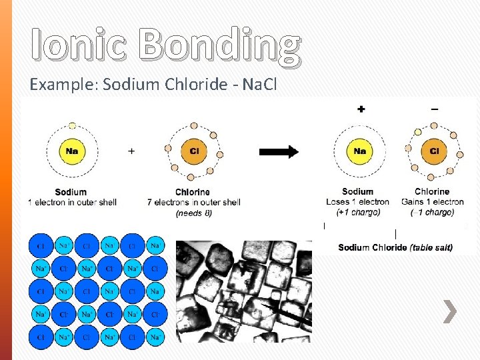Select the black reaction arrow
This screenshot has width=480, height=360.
[278, 151]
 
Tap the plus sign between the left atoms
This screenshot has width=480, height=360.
[131, 151]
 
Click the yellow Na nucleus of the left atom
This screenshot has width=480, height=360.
[71, 151]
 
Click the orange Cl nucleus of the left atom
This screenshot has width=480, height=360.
[194, 151]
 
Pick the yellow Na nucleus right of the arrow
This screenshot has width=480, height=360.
[359, 151]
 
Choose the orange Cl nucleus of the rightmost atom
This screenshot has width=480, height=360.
[433, 151]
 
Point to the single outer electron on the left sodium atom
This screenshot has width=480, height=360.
[72, 125]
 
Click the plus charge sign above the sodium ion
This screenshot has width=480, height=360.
[361, 109]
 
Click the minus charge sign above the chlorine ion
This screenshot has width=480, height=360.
[435, 109]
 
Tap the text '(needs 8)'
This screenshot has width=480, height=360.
[194, 213]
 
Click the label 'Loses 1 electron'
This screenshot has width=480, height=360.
[357, 202]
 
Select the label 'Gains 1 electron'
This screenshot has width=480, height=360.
[432, 202]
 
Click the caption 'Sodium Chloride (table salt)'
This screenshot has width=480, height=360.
[395, 247]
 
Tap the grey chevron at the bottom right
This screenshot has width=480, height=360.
[451, 312]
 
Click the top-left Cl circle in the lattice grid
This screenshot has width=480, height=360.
[41, 246]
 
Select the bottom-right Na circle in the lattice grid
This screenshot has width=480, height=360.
[155, 337]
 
